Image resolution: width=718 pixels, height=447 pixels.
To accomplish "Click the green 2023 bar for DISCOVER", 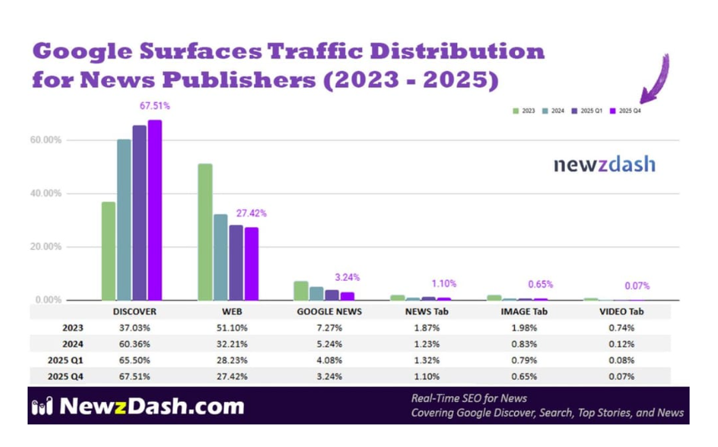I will point(109,251).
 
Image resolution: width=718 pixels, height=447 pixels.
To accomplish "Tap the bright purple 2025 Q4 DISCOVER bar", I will point(155,210).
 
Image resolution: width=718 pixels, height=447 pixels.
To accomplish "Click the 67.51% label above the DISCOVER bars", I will point(155,106).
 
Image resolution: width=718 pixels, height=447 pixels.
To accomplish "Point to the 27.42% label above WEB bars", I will point(251,214).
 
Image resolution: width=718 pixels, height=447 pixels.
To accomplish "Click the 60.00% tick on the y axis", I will point(47,140).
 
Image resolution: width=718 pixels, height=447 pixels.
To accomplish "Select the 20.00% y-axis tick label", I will point(47,246).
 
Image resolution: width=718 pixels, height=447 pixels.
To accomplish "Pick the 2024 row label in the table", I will point(71,343).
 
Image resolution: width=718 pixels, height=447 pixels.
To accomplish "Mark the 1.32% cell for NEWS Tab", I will point(425,360).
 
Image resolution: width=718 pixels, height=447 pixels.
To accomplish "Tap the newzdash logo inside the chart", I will point(604,165).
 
